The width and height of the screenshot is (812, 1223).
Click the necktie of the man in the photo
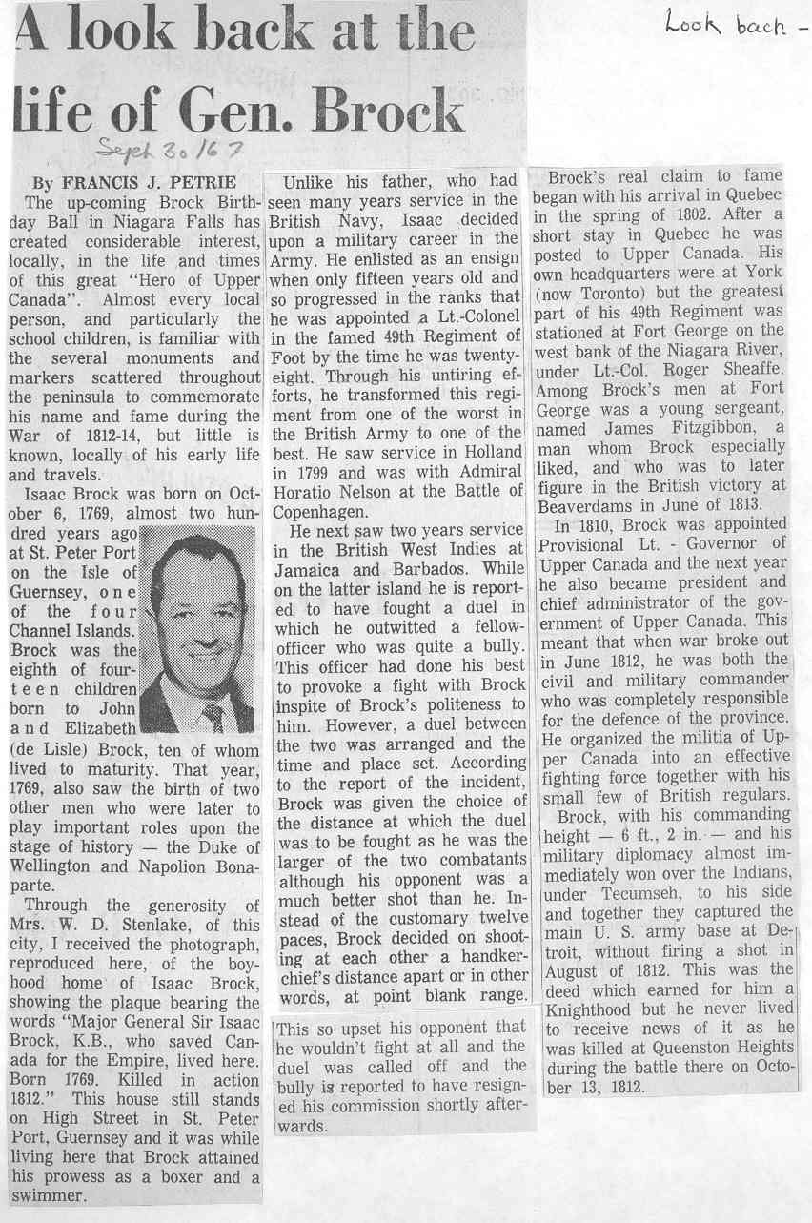tap(214, 714)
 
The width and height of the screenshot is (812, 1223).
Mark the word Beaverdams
tap(586, 504)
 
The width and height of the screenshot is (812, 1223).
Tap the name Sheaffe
tap(748, 371)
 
